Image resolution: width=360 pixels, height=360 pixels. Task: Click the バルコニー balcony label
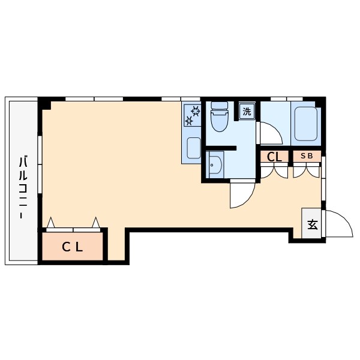(23, 187)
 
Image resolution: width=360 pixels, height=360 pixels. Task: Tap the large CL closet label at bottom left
(73, 247)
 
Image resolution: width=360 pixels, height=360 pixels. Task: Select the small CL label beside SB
(274, 157)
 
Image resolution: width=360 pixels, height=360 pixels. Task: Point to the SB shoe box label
(307, 156)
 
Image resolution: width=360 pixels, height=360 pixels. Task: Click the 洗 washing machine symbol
(247, 112)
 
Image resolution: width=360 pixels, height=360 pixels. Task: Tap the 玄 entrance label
(313, 224)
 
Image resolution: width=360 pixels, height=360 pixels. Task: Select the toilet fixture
(219, 116)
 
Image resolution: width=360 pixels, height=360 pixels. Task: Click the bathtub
(306, 124)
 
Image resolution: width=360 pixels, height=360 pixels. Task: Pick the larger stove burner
(196, 111)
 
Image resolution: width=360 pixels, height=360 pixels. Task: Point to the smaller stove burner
(190, 121)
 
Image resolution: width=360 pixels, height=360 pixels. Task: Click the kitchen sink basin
(194, 148)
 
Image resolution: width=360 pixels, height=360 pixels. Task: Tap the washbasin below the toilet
(215, 164)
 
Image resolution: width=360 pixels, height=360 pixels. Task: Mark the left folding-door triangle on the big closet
(51, 222)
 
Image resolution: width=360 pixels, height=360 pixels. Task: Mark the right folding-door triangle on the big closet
(96, 222)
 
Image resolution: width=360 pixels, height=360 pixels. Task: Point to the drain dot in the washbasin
(212, 165)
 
